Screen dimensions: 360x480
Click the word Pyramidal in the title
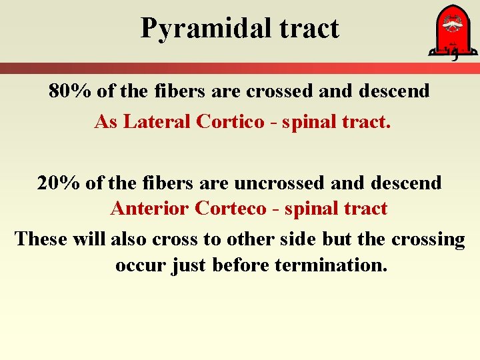(x=194, y=29)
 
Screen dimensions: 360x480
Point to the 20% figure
(x=59, y=183)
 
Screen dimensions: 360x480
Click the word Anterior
(x=150, y=209)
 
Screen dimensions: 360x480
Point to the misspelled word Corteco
(x=231, y=209)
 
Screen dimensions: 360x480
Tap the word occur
(x=141, y=265)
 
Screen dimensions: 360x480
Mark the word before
(x=241, y=265)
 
